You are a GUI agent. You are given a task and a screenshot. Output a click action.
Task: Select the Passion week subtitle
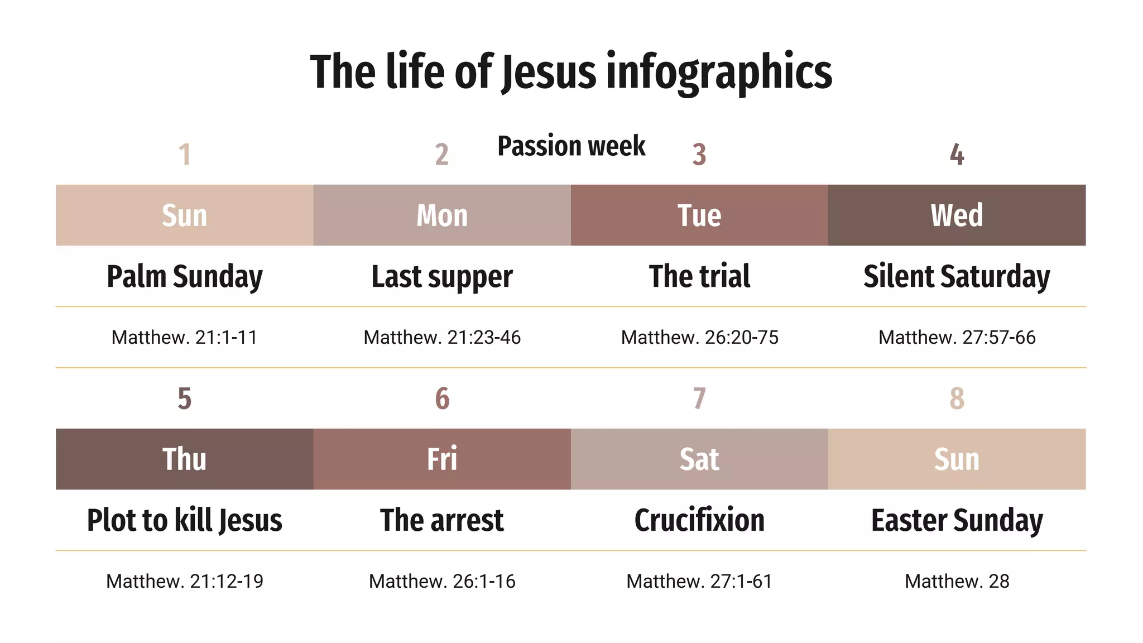[x=571, y=146]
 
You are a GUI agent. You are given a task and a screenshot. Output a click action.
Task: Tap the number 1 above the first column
[x=185, y=155]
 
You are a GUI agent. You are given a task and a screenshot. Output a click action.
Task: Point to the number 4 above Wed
[x=957, y=155]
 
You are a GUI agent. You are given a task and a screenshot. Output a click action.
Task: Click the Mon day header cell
[x=442, y=215]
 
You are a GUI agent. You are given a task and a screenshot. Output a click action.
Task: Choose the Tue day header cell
[x=699, y=215]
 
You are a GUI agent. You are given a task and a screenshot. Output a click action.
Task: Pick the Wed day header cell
[x=957, y=215]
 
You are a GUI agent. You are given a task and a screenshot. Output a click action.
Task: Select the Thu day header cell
[x=185, y=459]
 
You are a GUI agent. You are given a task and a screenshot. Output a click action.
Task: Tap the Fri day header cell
[x=442, y=459]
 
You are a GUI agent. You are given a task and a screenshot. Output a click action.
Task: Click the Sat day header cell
[x=699, y=459]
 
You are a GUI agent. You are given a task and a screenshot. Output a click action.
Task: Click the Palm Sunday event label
[x=185, y=277]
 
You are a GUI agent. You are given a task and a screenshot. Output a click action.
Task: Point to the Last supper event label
[x=442, y=277]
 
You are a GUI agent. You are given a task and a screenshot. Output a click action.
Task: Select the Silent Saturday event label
[x=957, y=277]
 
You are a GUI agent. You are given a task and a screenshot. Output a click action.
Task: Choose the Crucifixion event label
[x=699, y=520]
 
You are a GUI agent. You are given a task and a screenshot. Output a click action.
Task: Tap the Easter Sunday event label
[x=957, y=520]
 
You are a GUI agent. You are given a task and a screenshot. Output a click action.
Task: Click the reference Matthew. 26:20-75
[x=699, y=338]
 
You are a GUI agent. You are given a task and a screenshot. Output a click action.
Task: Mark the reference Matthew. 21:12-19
[x=185, y=582]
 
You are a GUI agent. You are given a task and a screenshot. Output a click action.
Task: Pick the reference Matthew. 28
[x=957, y=582]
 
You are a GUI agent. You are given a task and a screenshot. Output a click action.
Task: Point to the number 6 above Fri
[x=442, y=399]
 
